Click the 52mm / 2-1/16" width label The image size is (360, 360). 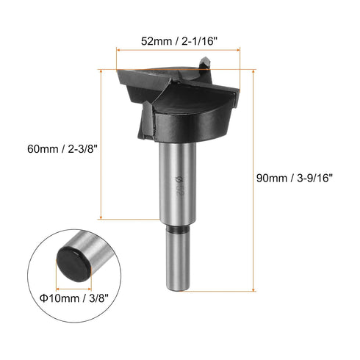click(x=178, y=42)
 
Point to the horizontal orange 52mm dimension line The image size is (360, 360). click(x=178, y=53)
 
